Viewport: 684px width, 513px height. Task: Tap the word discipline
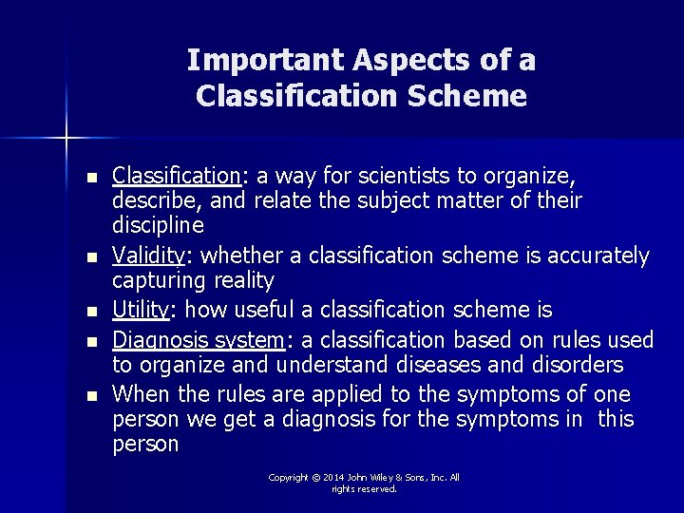158,226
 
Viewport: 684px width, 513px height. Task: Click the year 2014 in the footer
333,478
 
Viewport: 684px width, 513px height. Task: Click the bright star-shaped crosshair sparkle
66,138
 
